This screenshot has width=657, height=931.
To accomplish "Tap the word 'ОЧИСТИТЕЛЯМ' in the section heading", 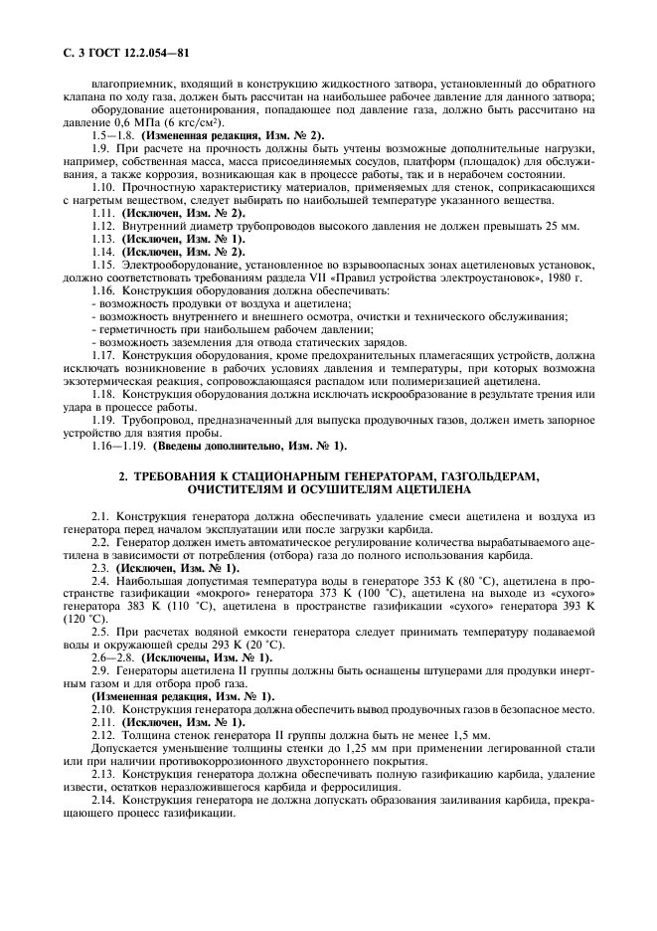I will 235,489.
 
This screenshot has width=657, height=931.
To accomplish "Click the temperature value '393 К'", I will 579,604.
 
